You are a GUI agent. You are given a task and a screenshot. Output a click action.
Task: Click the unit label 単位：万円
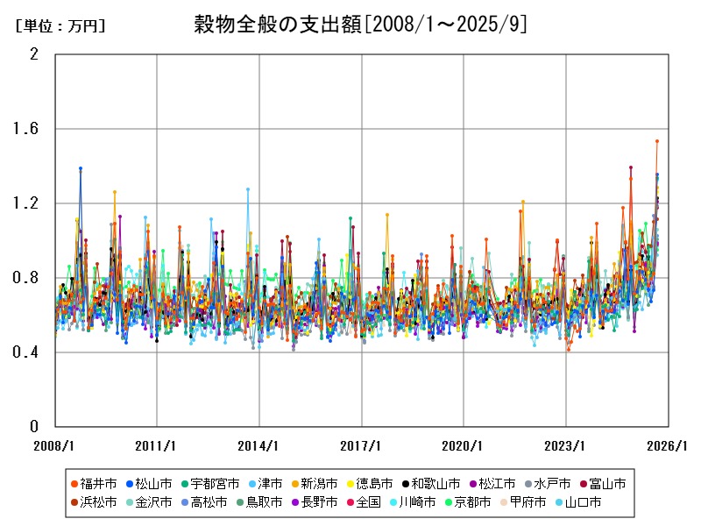60,26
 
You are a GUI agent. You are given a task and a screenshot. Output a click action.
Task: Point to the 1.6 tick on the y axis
34,129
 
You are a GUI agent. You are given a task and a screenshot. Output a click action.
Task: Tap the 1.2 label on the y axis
34,203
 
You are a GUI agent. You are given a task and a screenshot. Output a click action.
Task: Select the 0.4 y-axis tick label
34,352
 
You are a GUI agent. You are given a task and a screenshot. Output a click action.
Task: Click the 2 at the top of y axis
34,54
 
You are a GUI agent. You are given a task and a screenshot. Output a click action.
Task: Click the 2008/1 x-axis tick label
54,445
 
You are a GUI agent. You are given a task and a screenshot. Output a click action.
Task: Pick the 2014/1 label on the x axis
258,445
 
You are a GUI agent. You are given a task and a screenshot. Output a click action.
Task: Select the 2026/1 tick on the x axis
668,445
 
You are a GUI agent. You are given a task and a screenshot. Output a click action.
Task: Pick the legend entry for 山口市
576,502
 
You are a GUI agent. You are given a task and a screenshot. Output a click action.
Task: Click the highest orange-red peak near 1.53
657,141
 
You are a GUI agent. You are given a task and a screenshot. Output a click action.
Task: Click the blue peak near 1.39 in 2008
81,168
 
